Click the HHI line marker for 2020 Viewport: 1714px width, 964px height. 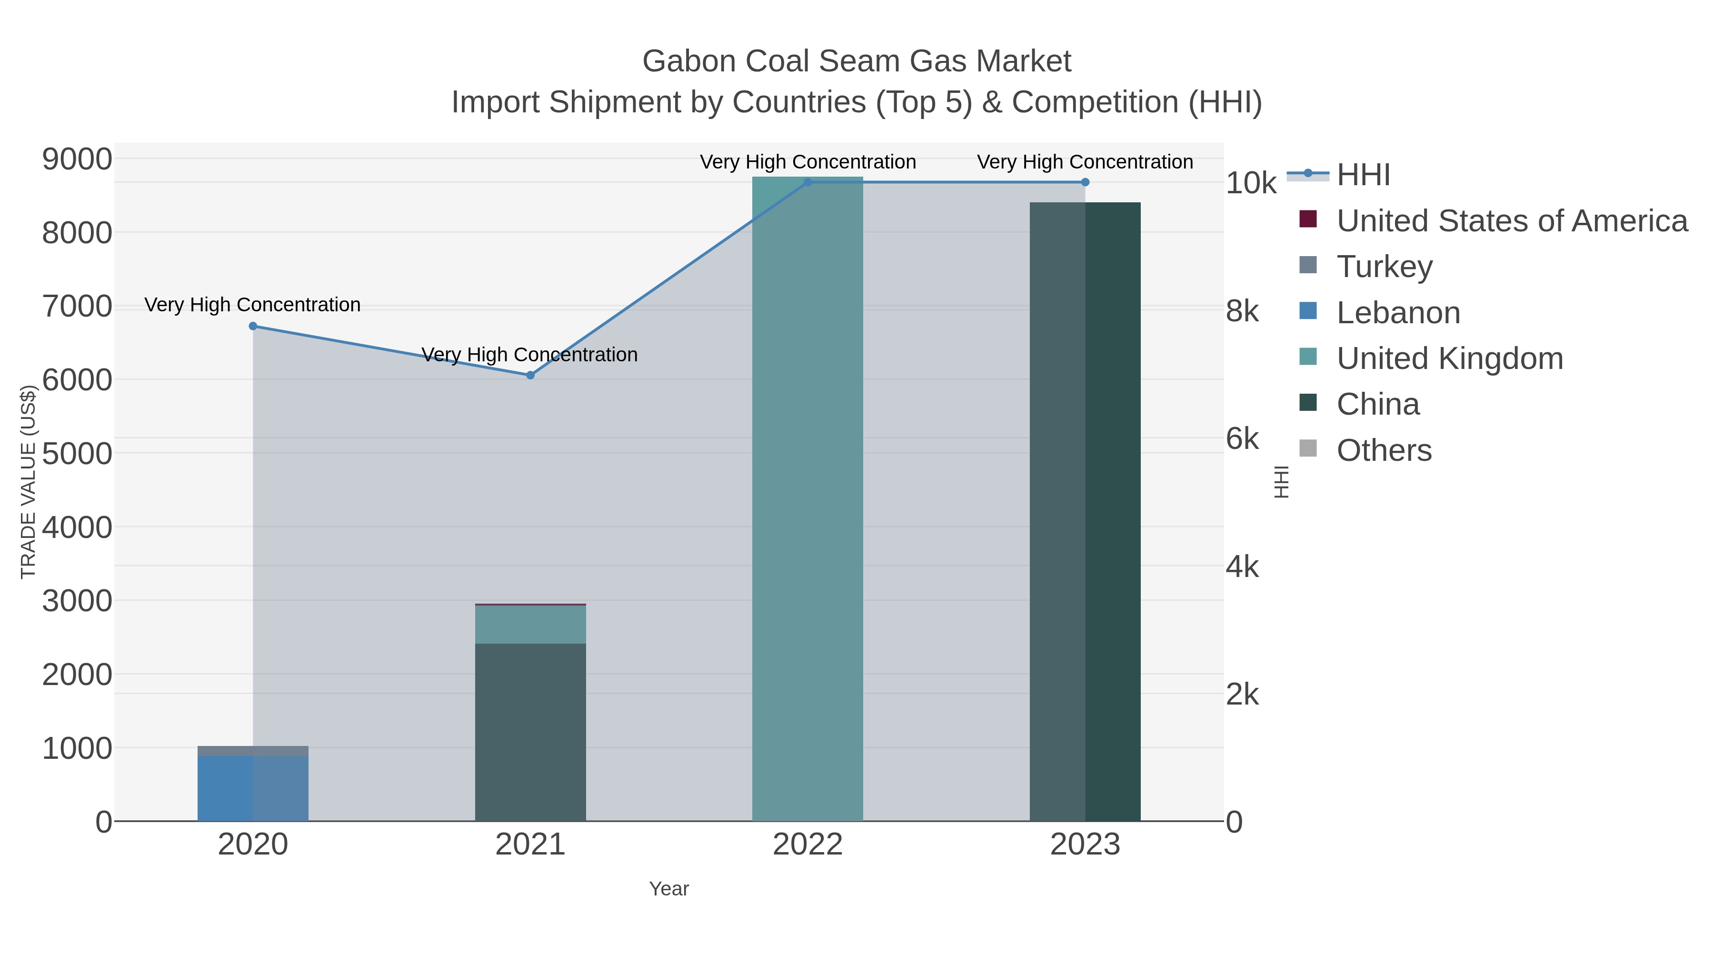pyautogui.click(x=253, y=326)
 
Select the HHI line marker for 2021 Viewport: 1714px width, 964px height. pyautogui.click(x=530, y=375)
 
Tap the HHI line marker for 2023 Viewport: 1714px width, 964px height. pyautogui.click(x=1085, y=182)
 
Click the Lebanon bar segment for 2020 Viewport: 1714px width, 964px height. pyautogui.click(x=253, y=788)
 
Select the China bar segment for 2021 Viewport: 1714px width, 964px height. pyautogui.click(x=530, y=732)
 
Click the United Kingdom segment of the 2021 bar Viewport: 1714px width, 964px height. pyautogui.click(x=530, y=624)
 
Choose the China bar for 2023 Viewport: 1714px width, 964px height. pyautogui.click(x=1085, y=512)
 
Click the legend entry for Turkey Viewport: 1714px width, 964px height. pyautogui.click(x=1384, y=266)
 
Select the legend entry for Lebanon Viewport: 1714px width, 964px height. pyautogui.click(x=1398, y=313)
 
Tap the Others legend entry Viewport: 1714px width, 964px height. pyautogui.click(x=1384, y=450)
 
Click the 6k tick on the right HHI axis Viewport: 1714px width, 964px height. pyautogui.click(x=1242, y=439)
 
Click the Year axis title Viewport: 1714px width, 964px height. pyautogui.click(x=669, y=889)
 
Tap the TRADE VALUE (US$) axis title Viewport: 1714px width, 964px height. pyautogui.click(x=28, y=482)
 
